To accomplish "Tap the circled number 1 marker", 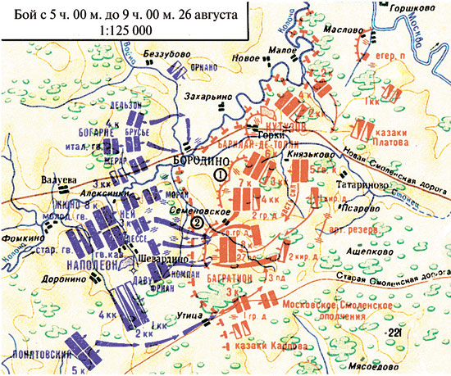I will coord(219,174).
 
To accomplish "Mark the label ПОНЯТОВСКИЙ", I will coord(37,357).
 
